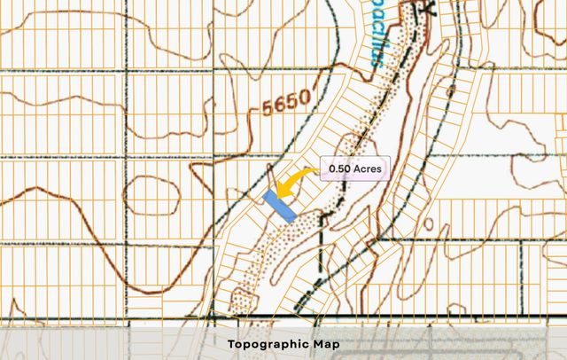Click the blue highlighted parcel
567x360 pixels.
(x=280, y=205)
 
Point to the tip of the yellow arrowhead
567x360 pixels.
(x=276, y=195)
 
